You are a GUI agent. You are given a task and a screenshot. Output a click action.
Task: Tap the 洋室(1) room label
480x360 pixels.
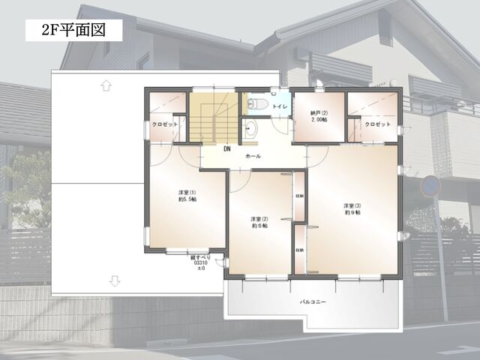pos(187,192)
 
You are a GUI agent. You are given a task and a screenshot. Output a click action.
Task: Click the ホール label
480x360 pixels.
pos(253,155)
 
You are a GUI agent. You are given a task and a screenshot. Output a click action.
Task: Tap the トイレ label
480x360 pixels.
pos(279,107)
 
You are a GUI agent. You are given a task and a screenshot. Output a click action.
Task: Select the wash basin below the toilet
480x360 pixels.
pos(250,128)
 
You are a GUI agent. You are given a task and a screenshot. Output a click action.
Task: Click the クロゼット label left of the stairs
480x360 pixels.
pos(164,124)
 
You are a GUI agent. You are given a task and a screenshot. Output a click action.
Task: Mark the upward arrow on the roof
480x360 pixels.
pos(106,85)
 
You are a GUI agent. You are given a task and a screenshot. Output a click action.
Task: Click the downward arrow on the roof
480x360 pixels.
pos(114,281)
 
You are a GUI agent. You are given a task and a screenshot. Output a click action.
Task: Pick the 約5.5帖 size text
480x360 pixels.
pos(187,200)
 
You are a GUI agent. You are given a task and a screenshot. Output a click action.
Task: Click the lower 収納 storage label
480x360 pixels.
pos(299,250)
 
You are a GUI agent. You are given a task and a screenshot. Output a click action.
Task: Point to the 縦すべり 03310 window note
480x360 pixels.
pos(200,263)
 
